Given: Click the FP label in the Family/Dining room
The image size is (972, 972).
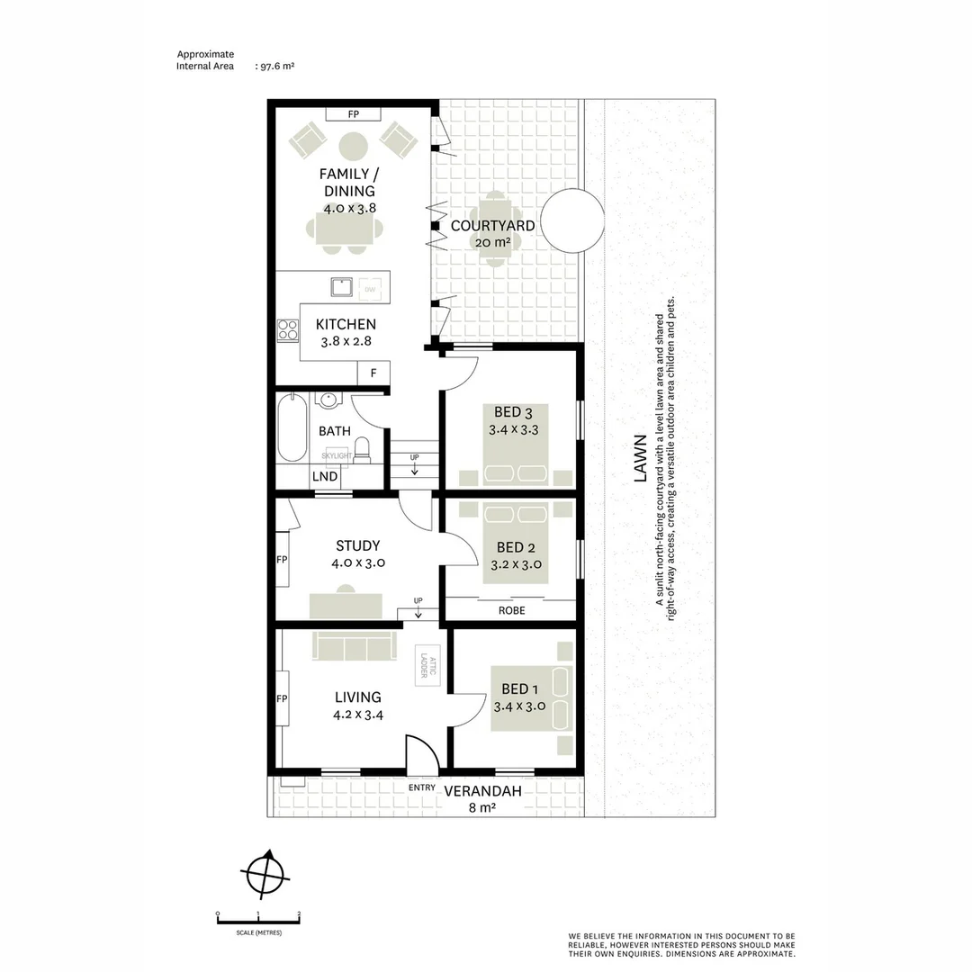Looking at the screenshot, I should point(354,114).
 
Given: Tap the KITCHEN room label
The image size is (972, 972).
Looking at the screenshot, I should point(346,324).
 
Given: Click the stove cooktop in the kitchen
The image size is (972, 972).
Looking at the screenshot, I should point(288,330).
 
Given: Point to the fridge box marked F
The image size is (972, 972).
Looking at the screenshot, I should point(373,373).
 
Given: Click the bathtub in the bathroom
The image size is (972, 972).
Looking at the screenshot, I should point(292,428).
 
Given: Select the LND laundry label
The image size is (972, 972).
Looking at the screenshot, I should point(325,476).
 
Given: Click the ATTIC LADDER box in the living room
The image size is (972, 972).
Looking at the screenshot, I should point(427,666).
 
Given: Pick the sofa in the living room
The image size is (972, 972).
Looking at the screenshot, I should point(354,645).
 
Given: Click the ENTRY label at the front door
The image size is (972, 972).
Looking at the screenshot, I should point(421,788).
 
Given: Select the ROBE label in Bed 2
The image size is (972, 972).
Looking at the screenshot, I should point(511,610).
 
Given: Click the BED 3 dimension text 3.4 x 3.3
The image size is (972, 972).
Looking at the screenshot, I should point(513,430).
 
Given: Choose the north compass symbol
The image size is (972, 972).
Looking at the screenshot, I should point(264,873).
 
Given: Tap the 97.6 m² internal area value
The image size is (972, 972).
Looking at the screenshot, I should point(278,66).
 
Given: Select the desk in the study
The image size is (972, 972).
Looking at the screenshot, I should point(346,605).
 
